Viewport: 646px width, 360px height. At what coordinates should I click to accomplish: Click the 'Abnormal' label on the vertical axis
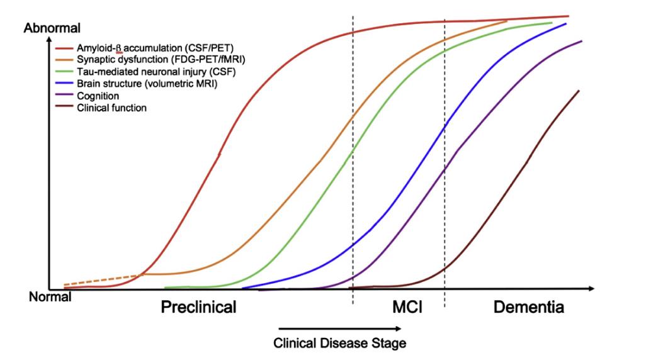(52, 28)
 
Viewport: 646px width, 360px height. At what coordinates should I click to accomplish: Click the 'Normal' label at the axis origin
(50, 297)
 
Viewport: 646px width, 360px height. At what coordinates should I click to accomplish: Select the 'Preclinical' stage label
(198, 308)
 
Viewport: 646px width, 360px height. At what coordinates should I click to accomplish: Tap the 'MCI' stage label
(407, 308)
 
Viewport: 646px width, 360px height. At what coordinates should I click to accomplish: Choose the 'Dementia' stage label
(528, 308)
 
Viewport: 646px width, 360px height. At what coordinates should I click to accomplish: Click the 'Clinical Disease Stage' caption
(339, 344)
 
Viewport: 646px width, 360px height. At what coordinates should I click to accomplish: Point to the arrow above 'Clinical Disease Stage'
(339, 328)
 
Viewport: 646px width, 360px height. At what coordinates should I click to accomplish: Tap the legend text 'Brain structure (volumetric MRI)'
(147, 84)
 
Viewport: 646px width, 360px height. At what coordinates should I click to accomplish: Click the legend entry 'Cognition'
(98, 96)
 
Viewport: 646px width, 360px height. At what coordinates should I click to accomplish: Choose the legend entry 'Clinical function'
(111, 108)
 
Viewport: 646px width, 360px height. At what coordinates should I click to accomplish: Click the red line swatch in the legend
(64, 48)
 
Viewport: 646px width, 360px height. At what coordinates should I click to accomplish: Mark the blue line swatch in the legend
(64, 84)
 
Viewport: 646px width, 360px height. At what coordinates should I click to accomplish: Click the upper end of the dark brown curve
(578, 91)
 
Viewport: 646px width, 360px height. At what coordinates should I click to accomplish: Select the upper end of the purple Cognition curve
(581, 42)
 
